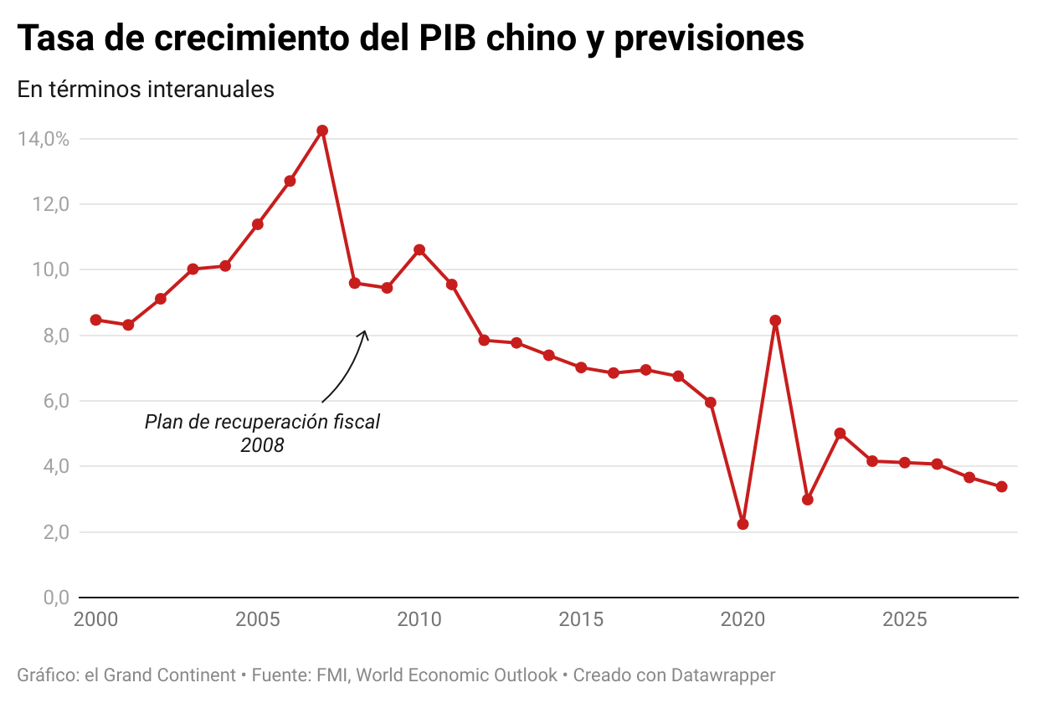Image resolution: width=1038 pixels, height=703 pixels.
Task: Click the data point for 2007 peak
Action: point(322,131)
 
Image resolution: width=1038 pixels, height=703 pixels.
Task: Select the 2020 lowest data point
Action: point(743,524)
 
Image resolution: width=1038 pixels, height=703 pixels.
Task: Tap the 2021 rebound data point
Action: point(775,321)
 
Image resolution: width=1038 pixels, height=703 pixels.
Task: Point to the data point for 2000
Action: point(96,320)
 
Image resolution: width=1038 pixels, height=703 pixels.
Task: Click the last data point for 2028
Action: point(1001,487)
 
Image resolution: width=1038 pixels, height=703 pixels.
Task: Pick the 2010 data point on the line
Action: point(419,250)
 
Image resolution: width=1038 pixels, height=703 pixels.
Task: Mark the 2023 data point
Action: point(840,434)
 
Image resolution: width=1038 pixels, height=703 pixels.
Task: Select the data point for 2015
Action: point(581,367)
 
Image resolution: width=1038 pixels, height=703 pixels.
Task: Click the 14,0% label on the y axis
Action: point(43,139)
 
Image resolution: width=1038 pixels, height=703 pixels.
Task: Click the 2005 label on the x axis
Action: point(258,620)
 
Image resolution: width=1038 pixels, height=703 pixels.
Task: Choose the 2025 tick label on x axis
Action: point(904,620)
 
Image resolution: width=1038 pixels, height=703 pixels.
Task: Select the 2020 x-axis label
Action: point(743,620)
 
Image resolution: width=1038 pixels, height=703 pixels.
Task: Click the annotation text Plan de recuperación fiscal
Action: point(262,423)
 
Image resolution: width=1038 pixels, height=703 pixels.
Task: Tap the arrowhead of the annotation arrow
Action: point(364,333)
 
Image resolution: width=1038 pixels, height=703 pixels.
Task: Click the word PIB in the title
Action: point(451,38)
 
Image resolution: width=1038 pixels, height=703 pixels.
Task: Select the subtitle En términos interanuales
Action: point(146,89)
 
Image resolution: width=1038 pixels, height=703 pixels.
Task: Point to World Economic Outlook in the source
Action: point(457,675)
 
